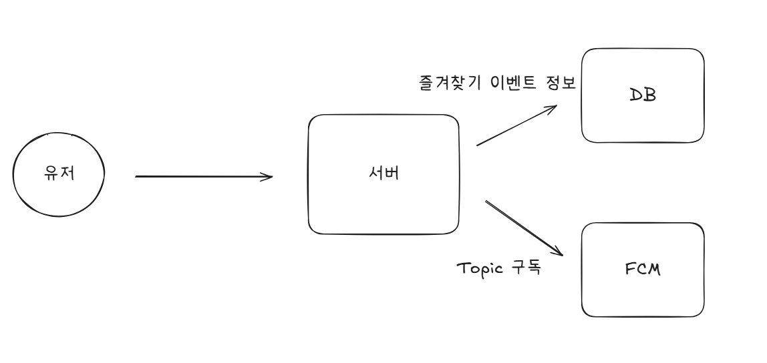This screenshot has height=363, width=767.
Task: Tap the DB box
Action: point(643,120)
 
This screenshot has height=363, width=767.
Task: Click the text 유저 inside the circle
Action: point(59,175)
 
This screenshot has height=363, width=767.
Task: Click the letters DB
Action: point(643,95)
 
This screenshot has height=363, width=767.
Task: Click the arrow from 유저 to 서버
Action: point(200,177)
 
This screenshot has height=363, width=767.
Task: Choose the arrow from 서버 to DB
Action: point(514,126)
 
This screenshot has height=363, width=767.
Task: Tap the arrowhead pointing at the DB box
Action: point(552,107)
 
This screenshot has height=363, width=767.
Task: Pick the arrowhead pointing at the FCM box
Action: point(559,252)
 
